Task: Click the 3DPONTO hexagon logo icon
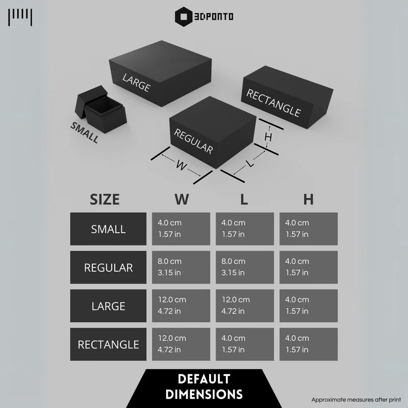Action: pyautogui.click(x=184, y=17)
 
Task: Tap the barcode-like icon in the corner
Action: pyautogui.click(x=20, y=17)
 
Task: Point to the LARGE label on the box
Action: pyautogui.click(x=137, y=83)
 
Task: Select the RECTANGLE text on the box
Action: pyautogui.click(x=274, y=103)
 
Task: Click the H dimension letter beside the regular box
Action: pyautogui.click(x=268, y=137)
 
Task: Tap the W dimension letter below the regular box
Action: pyautogui.click(x=181, y=165)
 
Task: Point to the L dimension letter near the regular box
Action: pyautogui.click(x=250, y=164)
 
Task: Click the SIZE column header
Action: pyautogui.click(x=105, y=199)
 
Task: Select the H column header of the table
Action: pyautogui.click(x=309, y=199)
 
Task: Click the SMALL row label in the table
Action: pyautogui.click(x=108, y=229)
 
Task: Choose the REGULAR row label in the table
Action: pyautogui.click(x=108, y=267)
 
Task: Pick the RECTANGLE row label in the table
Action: pyautogui.click(x=108, y=344)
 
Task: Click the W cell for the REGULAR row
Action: pyautogui.click(x=181, y=267)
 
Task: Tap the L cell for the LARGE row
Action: pyautogui.click(x=245, y=305)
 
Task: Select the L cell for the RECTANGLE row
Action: pyautogui.click(x=245, y=344)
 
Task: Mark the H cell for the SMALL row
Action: pyautogui.click(x=309, y=229)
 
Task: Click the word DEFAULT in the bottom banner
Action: pyautogui.click(x=204, y=379)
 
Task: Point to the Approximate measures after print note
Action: pyautogui.click(x=356, y=400)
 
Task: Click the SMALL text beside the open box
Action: pyautogui.click(x=85, y=133)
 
